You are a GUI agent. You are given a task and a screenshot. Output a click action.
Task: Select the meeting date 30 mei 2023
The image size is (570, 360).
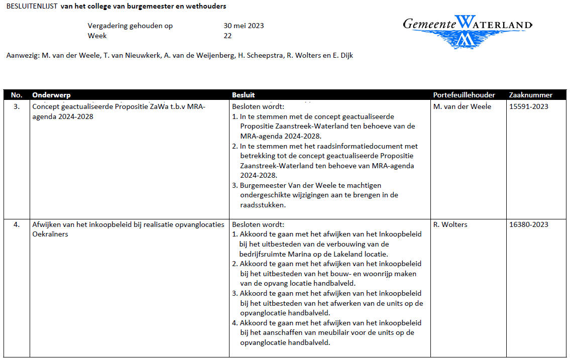pyautogui.click(x=244, y=26)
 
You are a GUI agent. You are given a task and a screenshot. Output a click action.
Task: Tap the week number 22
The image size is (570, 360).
pyautogui.click(x=227, y=36)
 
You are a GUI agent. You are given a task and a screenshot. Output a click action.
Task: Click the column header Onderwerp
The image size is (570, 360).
pyautogui.click(x=51, y=95)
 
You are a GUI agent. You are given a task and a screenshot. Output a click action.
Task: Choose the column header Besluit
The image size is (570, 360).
pyautogui.click(x=243, y=95)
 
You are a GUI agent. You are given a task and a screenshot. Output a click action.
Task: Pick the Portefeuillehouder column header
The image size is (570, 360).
pyautogui.click(x=464, y=95)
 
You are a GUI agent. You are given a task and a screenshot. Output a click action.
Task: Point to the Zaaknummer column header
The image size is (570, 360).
pyautogui.click(x=530, y=95)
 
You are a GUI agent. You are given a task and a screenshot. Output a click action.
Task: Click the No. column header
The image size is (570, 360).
pyautogui.click(x=17, y=95)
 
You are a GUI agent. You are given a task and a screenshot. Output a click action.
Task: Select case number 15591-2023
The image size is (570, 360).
pyautogui.click(x=529, y=106)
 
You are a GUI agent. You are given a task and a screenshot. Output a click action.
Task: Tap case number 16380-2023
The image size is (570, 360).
pyautogui.click(x=529, y=224)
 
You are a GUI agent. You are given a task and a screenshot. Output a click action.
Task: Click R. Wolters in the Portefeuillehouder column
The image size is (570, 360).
pyautogui.click(x=450, y=224)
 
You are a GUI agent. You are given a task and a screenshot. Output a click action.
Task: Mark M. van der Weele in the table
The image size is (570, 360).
pyautogui.click(x=462, y=106)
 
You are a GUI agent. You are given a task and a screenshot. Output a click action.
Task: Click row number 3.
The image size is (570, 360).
pyautogui.click(x=17, y=106)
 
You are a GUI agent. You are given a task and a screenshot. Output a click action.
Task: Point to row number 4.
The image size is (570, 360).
pyautogui.click(x=17, y=224)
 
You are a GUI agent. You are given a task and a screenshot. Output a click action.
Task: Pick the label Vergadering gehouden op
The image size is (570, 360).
pyautogui.click(x=130, y=26)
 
